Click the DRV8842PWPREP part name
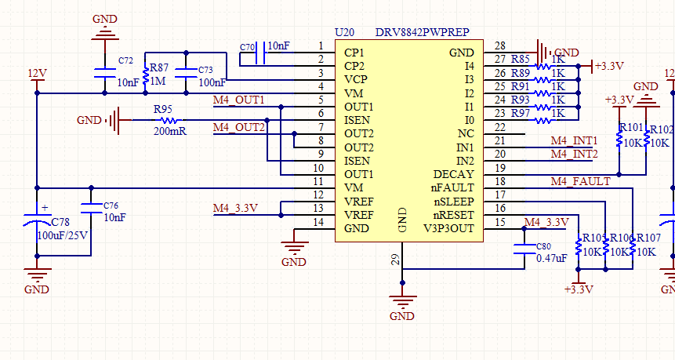coord(422,32)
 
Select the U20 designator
coord(344,32)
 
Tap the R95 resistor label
coord(163,109)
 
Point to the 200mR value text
coord(170,131)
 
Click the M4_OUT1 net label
coord(238,101)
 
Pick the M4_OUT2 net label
coord(238,127)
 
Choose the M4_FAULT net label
coord(579,182)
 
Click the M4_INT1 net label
coord(574,141)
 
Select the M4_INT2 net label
coord(574,154)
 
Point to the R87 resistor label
coord(158,68)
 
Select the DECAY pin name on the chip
coord(454,174)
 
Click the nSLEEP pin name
coord(452,202)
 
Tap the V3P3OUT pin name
coord(448,228)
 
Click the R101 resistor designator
coord(631,128)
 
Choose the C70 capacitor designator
coord(248,48)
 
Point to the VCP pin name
coord(355,80)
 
